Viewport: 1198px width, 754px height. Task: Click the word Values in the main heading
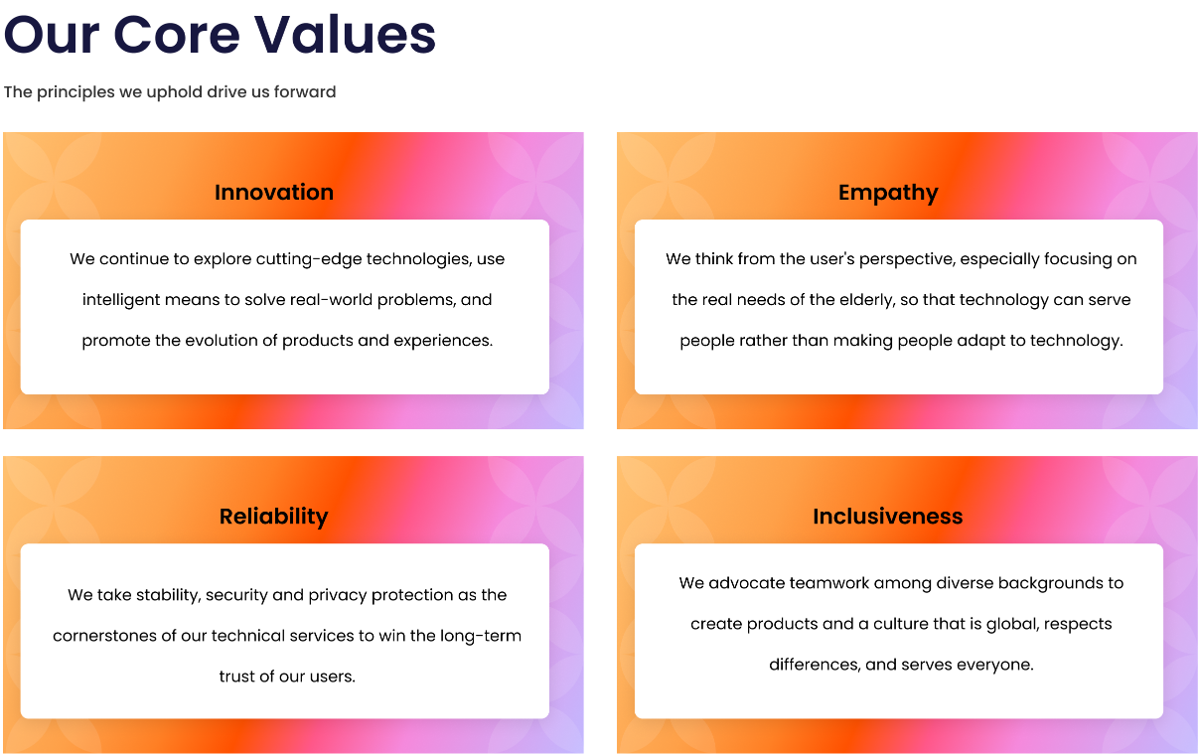point(345,35)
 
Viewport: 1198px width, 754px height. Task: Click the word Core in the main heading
point(177,35)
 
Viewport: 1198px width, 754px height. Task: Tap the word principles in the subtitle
point(75,92)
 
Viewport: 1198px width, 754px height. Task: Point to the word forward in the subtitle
point(305,91)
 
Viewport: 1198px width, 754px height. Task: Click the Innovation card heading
point(274,192)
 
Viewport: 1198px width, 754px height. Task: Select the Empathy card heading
point(888,193)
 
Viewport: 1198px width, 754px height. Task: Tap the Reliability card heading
point(274,517)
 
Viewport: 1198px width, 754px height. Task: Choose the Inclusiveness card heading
point(888,516)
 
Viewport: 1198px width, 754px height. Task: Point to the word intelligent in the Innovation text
point(121,300)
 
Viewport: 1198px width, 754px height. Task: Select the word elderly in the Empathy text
point(867,300)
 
